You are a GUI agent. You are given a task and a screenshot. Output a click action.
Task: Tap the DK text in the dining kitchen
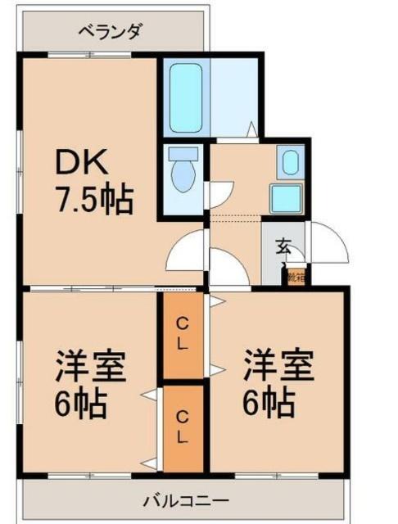point(81,163)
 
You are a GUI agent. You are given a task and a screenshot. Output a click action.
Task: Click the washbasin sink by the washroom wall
point(287,162)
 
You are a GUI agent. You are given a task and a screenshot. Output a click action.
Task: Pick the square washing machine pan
point(287,197)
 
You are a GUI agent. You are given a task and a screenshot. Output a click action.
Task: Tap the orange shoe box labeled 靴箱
point(296,276)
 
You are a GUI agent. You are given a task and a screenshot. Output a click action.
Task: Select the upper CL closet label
point(184,334)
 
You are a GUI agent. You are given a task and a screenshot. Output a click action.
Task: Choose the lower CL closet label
point(184,425)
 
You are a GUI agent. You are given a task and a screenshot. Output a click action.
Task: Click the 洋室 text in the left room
point(90,366)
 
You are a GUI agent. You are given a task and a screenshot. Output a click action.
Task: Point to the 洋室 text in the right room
point(278,366)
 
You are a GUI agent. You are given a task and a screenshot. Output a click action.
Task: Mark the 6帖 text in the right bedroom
point(269,404)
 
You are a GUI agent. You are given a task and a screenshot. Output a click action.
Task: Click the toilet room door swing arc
point(187,250)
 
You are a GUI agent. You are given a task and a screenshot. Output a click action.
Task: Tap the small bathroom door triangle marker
point(252,129)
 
